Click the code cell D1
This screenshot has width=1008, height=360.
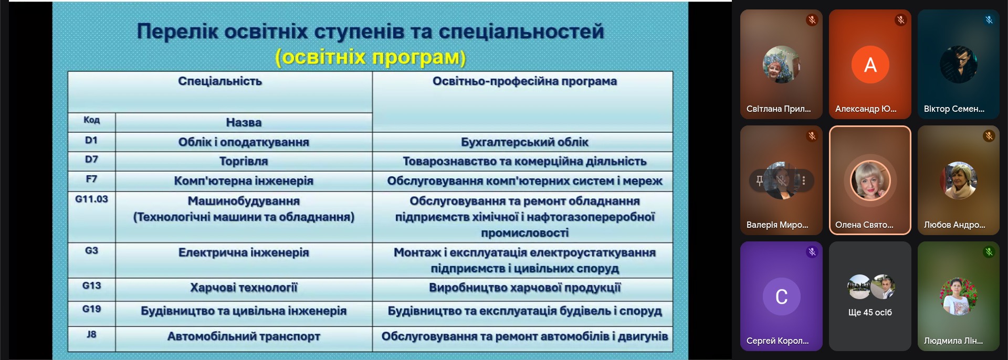[91, 142]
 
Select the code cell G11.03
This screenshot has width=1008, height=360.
[91, 217]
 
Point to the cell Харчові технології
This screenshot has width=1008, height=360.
[244, 289]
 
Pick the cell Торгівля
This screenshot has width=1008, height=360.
[244, 161]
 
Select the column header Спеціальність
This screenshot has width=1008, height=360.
[220, 92]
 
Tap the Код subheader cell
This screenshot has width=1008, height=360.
[91, 122]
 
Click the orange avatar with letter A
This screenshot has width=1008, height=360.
[870, 65]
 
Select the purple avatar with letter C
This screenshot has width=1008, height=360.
[781, 297]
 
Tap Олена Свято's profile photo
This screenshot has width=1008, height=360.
[870, 181]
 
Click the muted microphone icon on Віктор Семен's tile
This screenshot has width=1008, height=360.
[989, 20]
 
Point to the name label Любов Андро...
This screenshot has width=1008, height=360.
[954, 225]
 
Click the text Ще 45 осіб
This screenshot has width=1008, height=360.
[870, 312]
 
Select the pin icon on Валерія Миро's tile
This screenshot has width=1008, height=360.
[759, 181]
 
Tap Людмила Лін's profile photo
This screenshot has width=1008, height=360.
[959, 297]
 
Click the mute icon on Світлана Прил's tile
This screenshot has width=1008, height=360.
[812, 20]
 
